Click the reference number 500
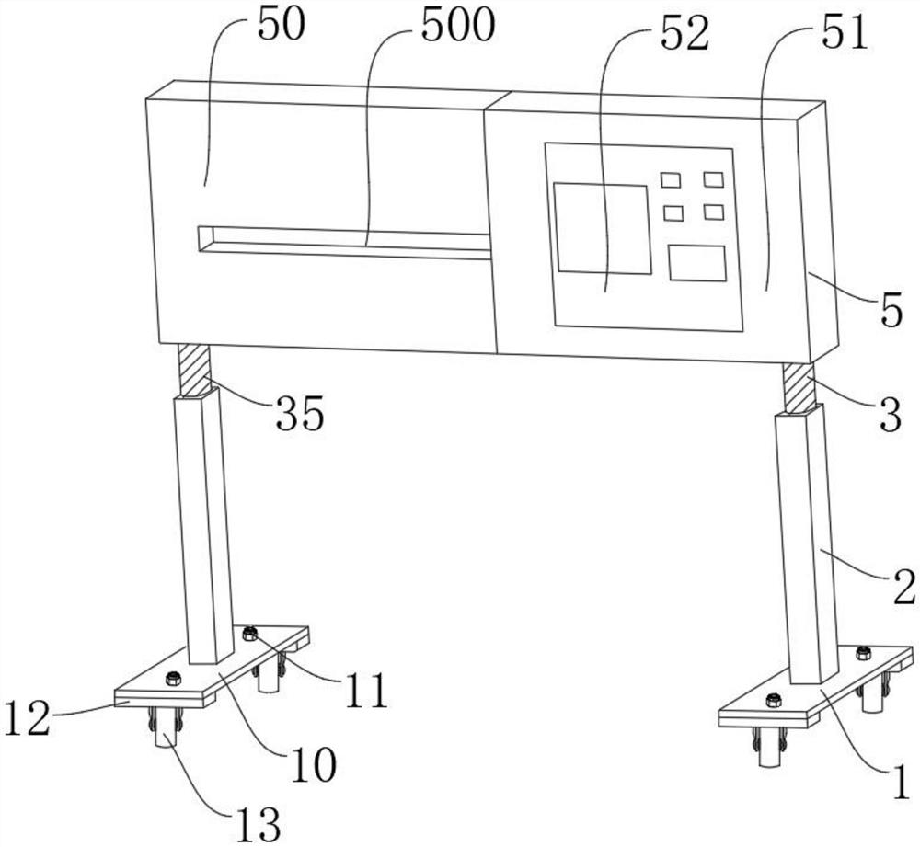(x=457, y=27)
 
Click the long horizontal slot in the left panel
(x=345, y=241)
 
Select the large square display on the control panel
(x=602, y=227)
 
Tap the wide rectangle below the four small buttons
(x=696, y=263)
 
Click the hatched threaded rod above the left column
(x=195, y=369)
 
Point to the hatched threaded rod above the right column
(x=799, y=387)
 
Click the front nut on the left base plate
(x=173, y=679)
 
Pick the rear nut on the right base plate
(x=863, y=653)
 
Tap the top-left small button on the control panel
(x=671, y=179)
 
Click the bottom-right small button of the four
(x=713, y=212)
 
